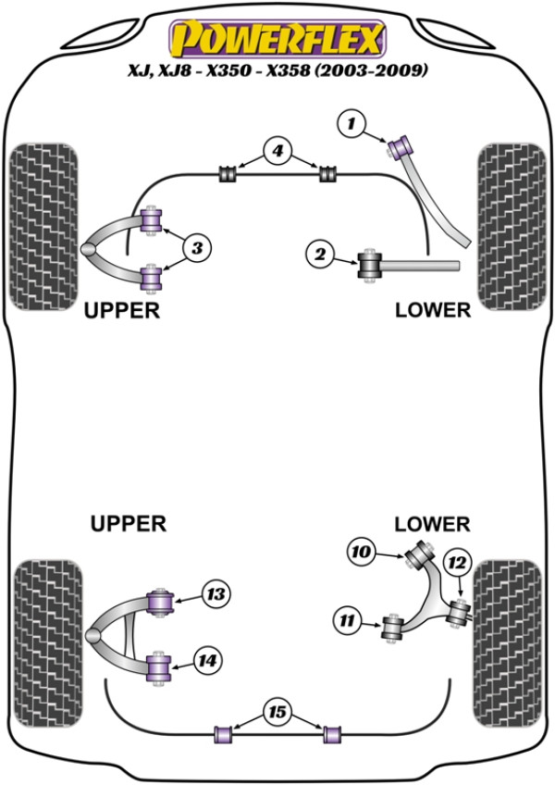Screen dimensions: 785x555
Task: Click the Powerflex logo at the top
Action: (277, 39)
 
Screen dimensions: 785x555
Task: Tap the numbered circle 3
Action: (198, 246)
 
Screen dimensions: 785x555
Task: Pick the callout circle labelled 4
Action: (277, 151)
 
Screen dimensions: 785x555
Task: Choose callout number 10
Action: (362, 553)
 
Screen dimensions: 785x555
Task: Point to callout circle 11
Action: (348, 621)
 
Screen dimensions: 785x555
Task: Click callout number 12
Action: (456, 562)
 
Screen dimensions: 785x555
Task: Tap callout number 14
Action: (206, 660)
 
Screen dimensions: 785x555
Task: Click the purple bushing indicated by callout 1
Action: (402, 145)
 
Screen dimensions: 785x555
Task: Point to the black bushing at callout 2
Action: (371, 265)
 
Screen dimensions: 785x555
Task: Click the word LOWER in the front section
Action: (433, 309)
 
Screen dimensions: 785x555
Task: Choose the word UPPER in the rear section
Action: (129, 524)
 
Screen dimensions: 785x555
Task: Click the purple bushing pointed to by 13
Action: (163, 599)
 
